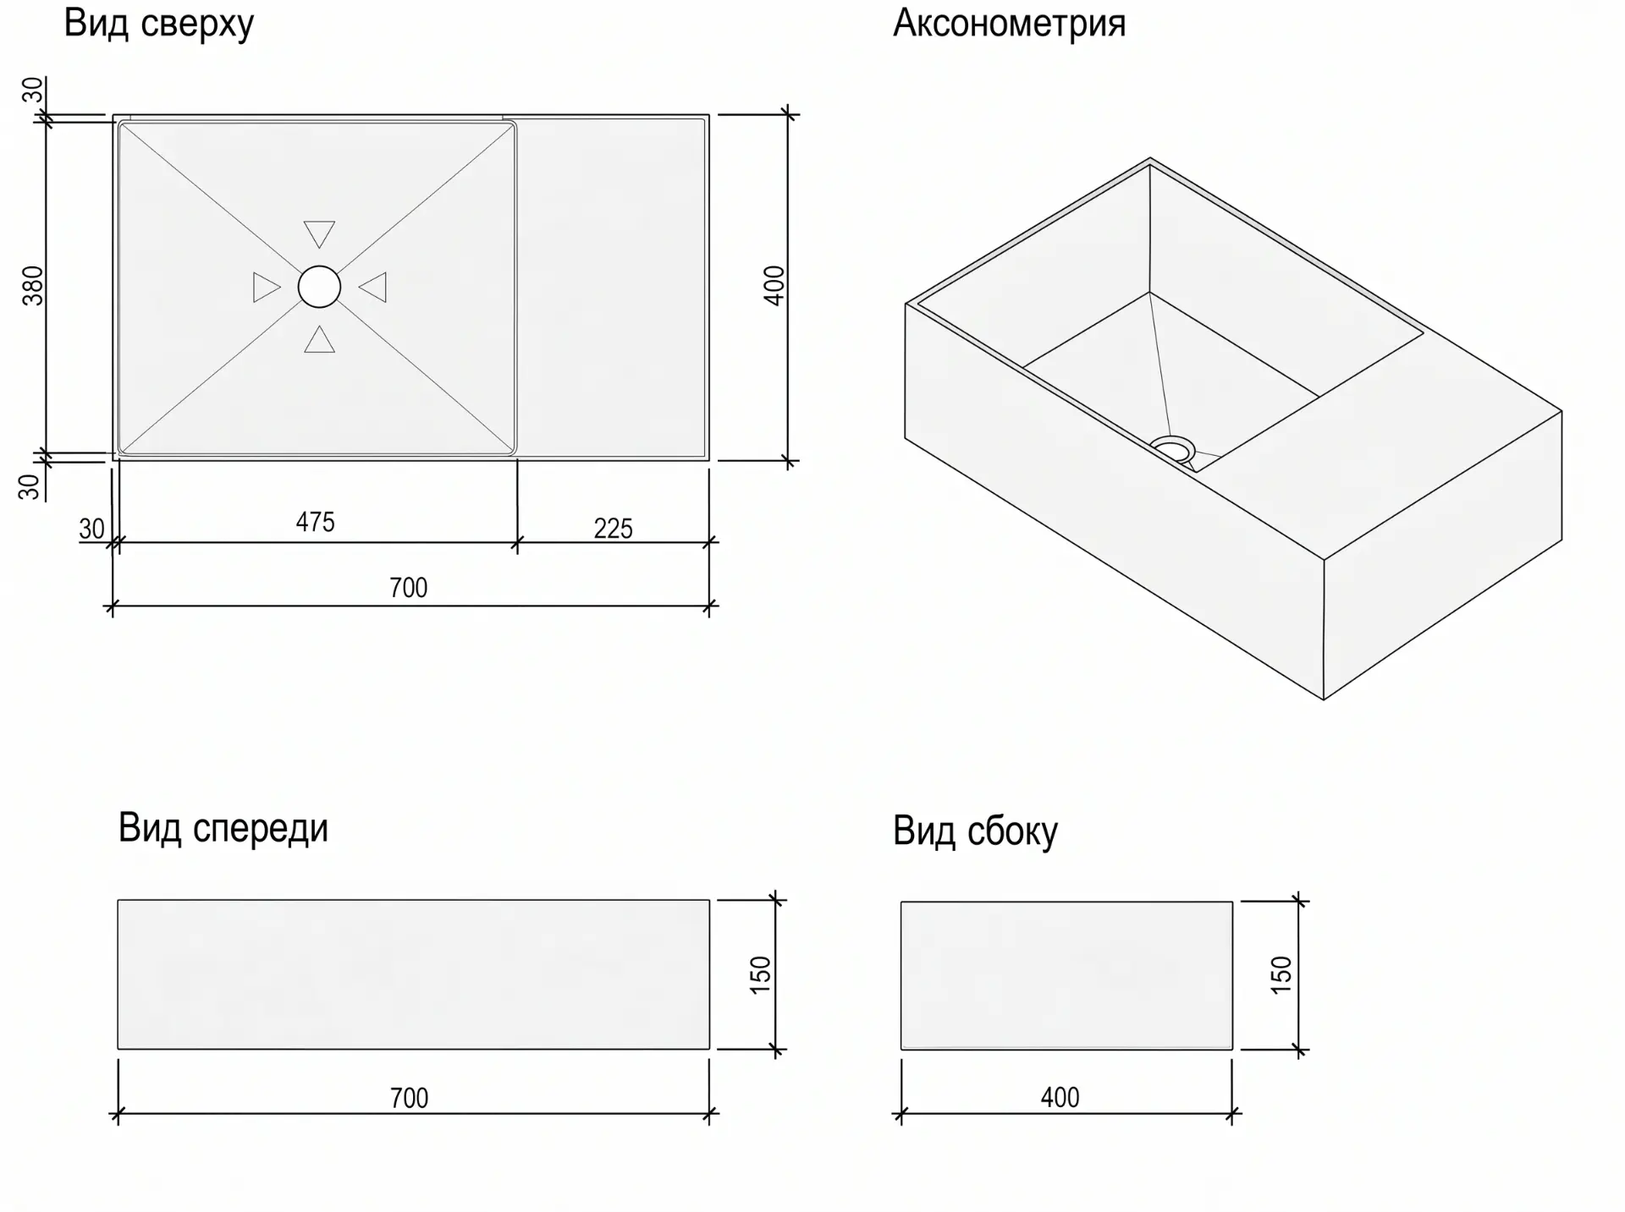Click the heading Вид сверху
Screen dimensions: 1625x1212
point(159,24)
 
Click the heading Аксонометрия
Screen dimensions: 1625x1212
point(1009,23)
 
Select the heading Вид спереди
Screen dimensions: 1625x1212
point(223,828)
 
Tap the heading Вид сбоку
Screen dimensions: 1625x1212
point(975,831)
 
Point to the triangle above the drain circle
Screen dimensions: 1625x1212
point(319,233)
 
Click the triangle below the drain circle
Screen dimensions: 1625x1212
point(319,339)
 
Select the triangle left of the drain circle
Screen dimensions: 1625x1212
point(266,287)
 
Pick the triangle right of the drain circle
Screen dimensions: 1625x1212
point(373,287)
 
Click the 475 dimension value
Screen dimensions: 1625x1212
point(315,522)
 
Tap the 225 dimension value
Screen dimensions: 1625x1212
point(613,529)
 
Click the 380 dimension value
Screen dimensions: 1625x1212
point(32,285)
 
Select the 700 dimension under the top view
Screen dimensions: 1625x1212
point(408,588)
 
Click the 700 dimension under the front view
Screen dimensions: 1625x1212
point(409,1098)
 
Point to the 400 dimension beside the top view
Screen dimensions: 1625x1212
point(774,285)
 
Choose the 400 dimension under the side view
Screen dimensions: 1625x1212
point(1060,1097)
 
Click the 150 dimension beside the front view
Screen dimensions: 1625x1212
point(761,974)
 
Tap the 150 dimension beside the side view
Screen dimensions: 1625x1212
point(1281,974)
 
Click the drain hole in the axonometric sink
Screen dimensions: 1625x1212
point(1172,448)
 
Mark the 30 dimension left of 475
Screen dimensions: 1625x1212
point(91,529)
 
